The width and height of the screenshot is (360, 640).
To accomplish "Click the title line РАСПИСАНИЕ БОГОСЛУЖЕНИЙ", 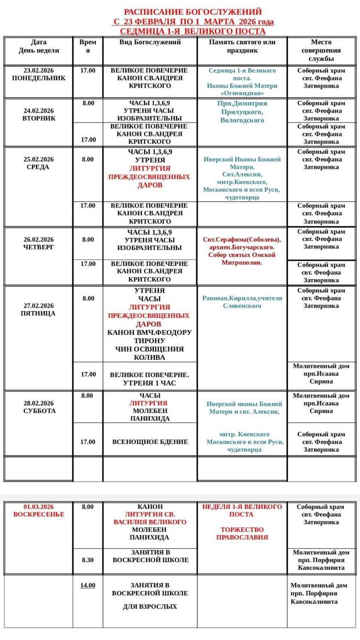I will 193,12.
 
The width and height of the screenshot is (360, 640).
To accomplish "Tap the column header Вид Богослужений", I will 150,42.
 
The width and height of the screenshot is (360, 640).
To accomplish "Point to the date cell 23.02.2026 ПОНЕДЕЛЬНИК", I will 39,74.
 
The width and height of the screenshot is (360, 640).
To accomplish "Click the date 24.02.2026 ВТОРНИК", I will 39,114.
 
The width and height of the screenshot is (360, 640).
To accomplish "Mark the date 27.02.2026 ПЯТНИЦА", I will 39,310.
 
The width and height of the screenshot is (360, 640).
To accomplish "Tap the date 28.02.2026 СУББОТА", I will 39,407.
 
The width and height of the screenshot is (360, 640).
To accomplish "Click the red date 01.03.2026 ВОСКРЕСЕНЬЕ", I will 39,511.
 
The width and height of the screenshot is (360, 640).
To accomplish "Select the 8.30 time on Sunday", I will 88,560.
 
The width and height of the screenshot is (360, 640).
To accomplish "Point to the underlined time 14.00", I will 88,585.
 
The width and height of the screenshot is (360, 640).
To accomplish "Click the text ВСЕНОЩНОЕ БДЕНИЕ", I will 150,442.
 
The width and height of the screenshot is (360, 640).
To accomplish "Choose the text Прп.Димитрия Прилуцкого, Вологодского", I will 242,112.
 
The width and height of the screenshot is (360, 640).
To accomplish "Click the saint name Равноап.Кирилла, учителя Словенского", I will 242,302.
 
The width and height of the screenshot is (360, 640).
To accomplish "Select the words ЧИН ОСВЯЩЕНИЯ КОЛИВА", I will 150,353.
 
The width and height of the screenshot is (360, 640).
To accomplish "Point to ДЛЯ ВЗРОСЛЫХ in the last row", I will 150,607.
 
